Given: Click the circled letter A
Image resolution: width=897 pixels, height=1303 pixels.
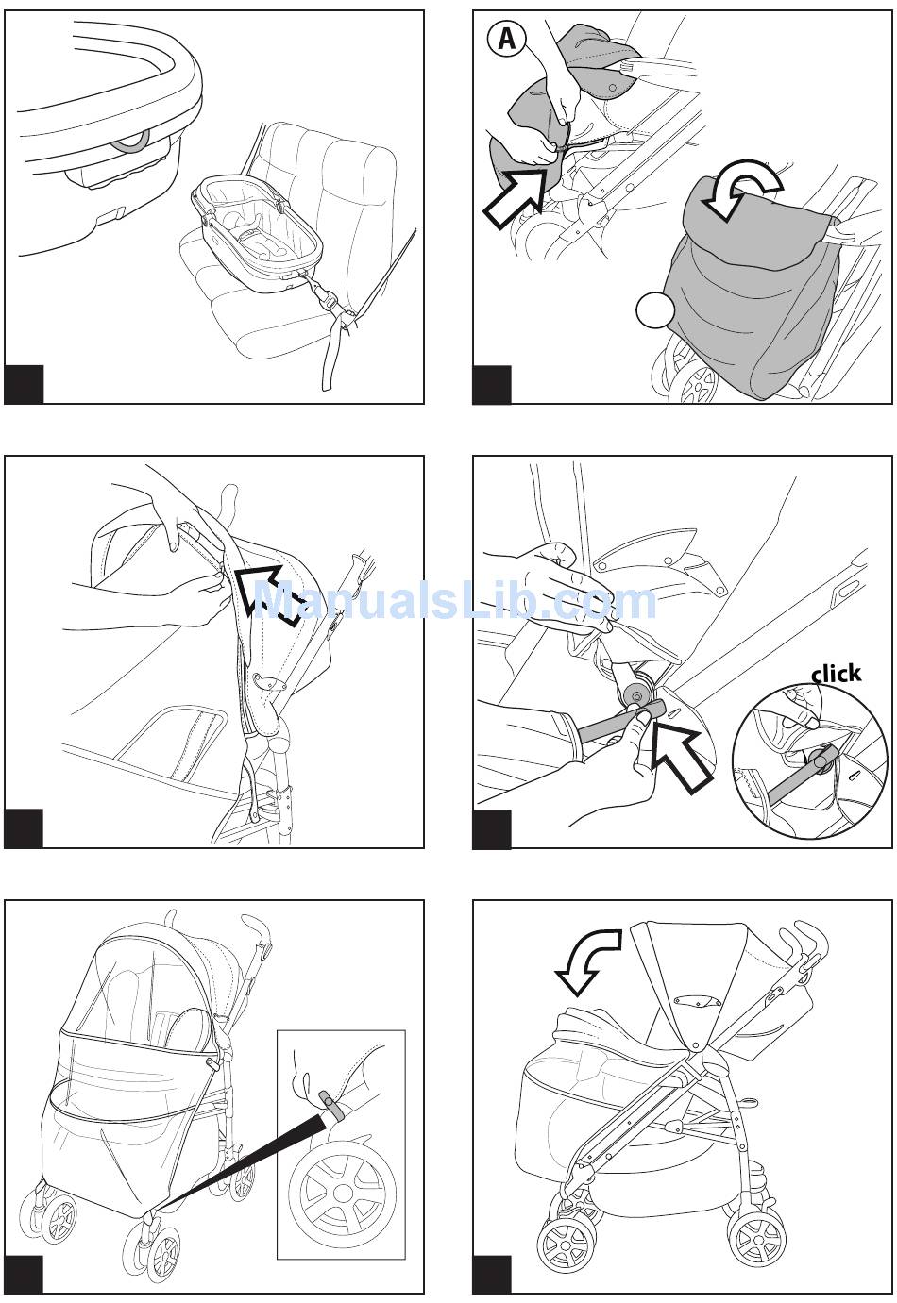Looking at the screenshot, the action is coord(506,39).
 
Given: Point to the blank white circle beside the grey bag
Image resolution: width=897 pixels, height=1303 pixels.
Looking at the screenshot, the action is coord(655,310).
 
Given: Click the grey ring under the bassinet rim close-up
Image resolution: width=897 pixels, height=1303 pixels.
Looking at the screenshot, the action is coord(132,140).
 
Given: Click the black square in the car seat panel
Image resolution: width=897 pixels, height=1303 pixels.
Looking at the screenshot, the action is coord(24,383).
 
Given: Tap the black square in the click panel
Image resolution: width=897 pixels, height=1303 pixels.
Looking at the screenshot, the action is coord(492,828).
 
